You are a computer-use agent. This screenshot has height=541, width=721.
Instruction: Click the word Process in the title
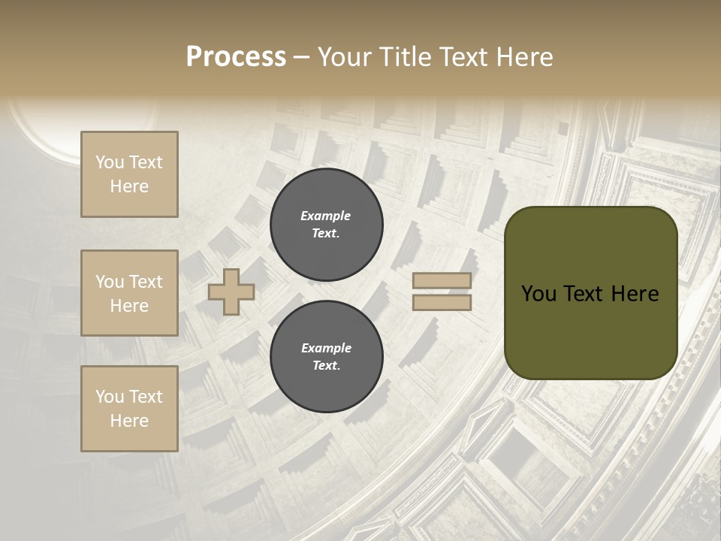[236, 57]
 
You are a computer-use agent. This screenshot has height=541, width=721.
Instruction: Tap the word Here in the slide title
[524, 57]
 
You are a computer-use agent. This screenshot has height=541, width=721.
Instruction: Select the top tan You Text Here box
[129, 174]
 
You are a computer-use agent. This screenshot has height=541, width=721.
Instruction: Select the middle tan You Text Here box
[129, 293]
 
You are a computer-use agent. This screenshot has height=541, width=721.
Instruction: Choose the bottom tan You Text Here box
[129, 409]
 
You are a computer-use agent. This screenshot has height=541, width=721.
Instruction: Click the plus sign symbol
[231, 292]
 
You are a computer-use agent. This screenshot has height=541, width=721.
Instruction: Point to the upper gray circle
[327, 225]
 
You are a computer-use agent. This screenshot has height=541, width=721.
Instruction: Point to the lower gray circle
[327, 357]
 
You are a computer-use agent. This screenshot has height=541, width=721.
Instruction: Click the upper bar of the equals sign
[442, 281]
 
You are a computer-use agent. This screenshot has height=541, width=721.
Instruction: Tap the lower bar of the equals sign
[442, 302]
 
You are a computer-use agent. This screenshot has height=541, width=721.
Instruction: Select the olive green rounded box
[590, 292]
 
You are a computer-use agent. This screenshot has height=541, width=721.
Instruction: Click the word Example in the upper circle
[325, 216]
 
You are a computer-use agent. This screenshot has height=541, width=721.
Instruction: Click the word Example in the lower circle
[326, 348]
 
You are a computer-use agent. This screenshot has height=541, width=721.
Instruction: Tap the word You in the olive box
[538, 294]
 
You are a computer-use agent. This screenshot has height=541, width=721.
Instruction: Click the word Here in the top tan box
[129, 186]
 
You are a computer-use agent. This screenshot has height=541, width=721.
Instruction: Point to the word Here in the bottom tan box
[129, 421]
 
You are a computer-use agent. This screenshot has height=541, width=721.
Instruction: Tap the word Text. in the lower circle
[326, 366]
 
